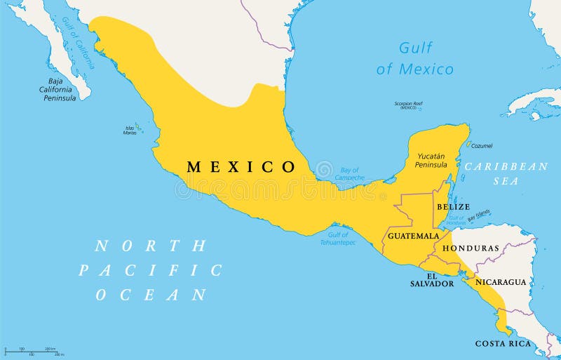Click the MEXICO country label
click(241, 167)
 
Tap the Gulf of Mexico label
click(415, 58)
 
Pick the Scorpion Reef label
click(408, 105)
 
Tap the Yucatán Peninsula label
click(431, 161)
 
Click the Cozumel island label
click(481, 146)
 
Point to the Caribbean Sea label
click(507, 173)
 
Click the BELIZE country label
click(453, 207)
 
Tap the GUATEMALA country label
click(413, 236)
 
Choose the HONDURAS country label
click(475, 248)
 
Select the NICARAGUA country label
click(501, 282)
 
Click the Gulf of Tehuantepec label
click(340, 239)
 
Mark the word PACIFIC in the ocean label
click(150, 270)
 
